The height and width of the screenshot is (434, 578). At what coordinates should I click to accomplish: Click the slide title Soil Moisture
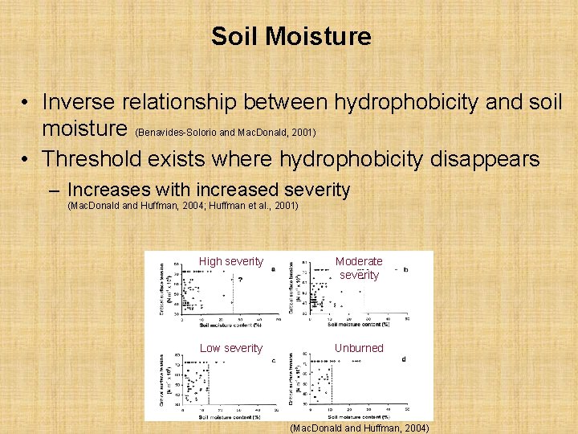[291, 36]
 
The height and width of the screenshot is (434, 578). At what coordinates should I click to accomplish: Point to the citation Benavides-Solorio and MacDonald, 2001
[226, 132]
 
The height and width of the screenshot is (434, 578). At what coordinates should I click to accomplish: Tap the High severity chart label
[230, 261]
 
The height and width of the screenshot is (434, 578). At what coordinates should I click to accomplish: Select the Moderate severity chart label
[359, 268]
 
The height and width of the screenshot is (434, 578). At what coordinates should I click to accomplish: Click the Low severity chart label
[230, 348]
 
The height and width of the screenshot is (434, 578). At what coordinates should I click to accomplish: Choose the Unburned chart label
[359, 348]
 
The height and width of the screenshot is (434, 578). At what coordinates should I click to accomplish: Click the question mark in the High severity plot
[240, 280]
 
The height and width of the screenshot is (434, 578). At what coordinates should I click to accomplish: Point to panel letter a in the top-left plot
[272, 269]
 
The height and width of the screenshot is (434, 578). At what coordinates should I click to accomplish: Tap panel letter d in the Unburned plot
[403, 359]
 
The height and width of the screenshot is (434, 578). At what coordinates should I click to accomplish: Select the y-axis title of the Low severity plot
[163, 379]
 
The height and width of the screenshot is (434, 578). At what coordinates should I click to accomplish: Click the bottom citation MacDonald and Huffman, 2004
[360, 428]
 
